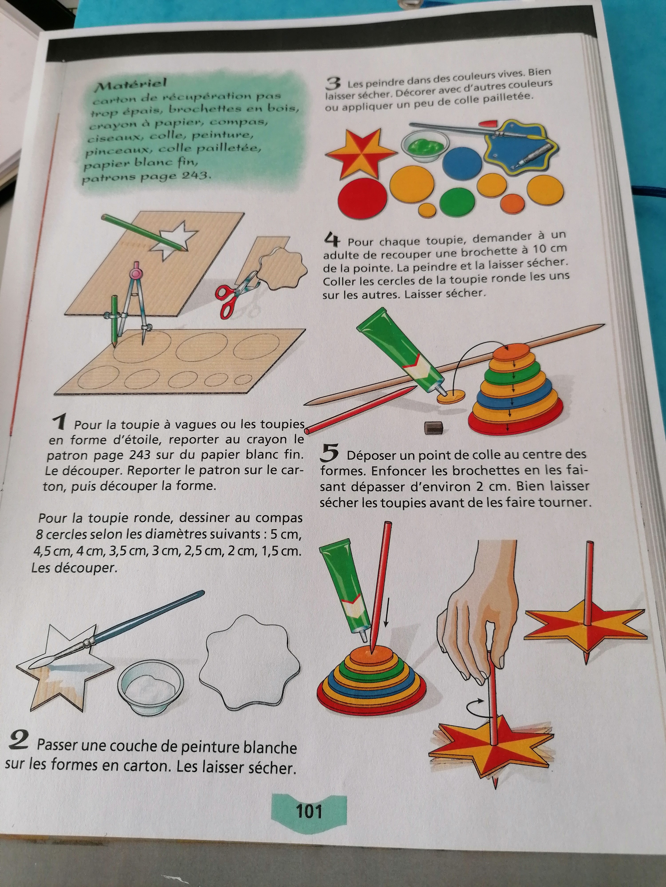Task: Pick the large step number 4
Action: (x=332, y=241)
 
